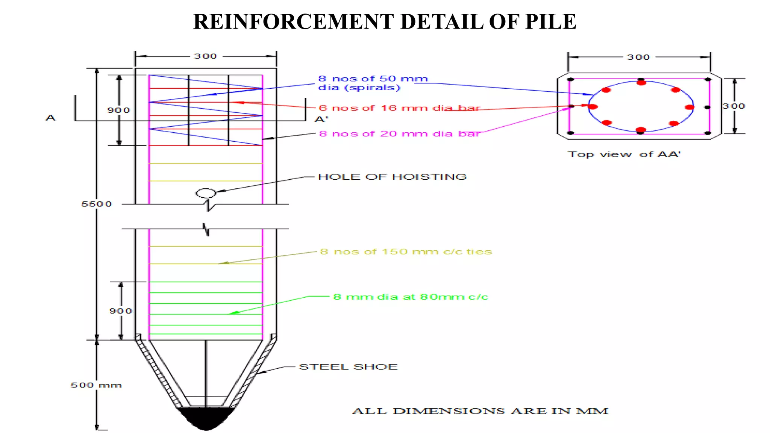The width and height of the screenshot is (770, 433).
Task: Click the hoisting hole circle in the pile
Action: (x=206, y=193)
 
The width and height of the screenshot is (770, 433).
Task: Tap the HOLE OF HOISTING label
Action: (x=392, y=177)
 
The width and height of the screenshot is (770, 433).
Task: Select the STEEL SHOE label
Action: (x=348, y=367)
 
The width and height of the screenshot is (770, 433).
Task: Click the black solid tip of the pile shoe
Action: (x=206, y=418)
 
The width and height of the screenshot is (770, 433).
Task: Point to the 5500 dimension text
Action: (x=97, y=204)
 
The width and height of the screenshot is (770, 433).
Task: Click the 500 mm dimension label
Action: (x=96, y=385)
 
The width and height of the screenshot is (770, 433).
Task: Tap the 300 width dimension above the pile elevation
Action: (x=205, y=56)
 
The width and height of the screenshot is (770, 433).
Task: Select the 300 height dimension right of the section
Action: (x=734, y=106)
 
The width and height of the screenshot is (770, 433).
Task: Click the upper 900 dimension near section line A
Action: (x=118, y=111)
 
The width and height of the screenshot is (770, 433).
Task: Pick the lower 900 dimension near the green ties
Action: (x=121, y=311)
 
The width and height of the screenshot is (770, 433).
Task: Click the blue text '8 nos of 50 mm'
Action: (x=373, y=79)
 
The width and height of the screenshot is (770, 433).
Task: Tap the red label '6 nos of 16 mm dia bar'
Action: (x=399, y=108)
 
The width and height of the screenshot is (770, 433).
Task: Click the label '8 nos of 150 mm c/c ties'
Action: (x=406, y=252)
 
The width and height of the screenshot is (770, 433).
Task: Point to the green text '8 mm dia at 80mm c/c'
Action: (x=411, y=297)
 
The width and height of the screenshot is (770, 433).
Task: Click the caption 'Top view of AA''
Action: (x=624, y=154)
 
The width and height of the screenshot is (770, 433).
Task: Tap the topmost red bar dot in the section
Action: (x=641, y=82)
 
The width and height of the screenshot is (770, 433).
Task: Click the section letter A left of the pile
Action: (x=51, y=118)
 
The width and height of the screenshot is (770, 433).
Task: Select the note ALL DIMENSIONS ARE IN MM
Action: (x=480, y=411)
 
